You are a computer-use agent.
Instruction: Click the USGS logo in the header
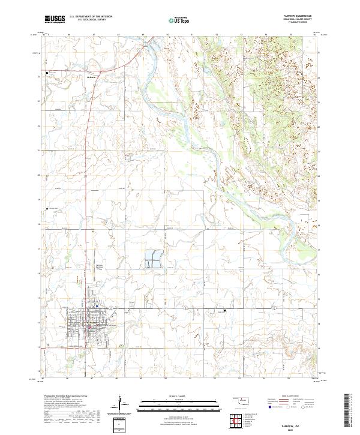pos(55,20)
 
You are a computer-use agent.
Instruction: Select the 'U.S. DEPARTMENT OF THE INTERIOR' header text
pos(91,17)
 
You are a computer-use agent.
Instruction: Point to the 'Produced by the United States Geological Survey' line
pos(65,397)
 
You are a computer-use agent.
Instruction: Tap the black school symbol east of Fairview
pos(224,310)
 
